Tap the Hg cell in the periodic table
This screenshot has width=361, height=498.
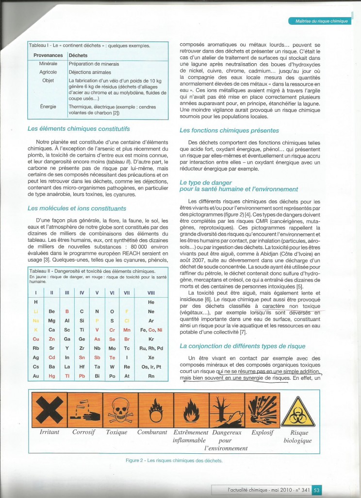coord(52,376)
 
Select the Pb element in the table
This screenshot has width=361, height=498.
coord(82,376)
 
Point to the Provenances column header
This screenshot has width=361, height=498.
coord(48,55)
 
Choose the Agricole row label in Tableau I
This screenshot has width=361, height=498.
coord(48,72)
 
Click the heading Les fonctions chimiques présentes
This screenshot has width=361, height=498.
coord(229,130)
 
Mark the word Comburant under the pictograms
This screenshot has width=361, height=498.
coord(152,432)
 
